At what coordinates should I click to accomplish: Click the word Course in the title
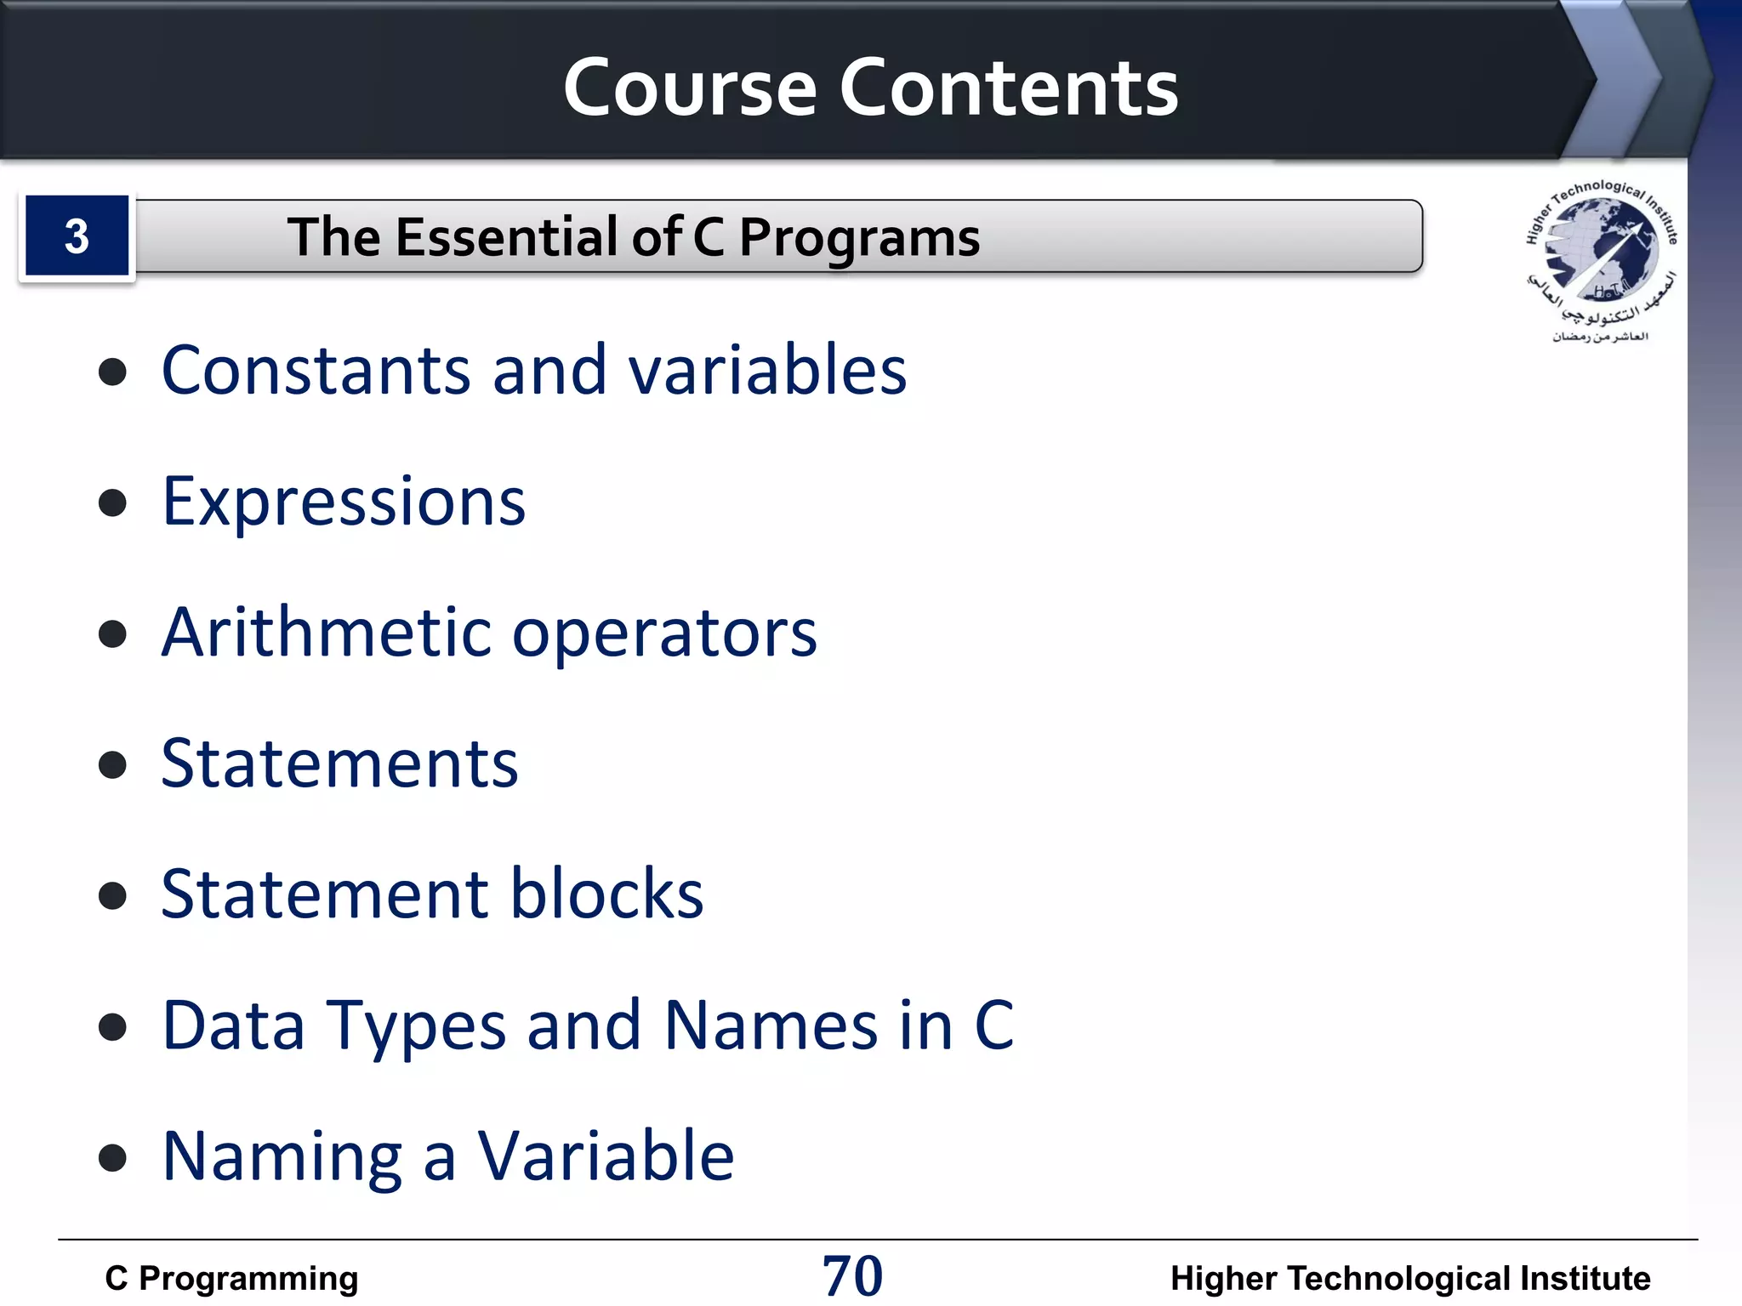pos(690,88)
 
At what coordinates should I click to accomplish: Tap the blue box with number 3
pos(77,236)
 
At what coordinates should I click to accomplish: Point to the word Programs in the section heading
pos(859,238)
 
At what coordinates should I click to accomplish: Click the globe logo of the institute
pos(1600,251)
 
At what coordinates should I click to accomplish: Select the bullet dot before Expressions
pos(112,502)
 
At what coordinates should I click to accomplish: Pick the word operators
pos(664,634)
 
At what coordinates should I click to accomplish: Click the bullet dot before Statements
pos(112,764)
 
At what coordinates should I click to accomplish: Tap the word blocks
pos(607,894)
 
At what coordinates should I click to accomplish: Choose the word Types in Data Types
pos(417,1026)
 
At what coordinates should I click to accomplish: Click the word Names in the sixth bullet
pos(771,1025)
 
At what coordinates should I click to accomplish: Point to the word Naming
pos(282,1157)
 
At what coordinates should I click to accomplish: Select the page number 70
pos(852,1276)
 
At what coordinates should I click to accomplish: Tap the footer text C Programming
pos(231,1278)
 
